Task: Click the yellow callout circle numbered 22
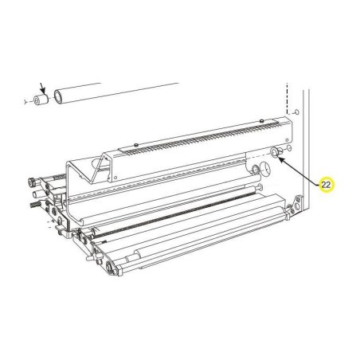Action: pyautogui.click(x=327, y=184)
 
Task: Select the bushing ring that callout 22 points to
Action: pyautogui.click(x=275, y=152)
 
